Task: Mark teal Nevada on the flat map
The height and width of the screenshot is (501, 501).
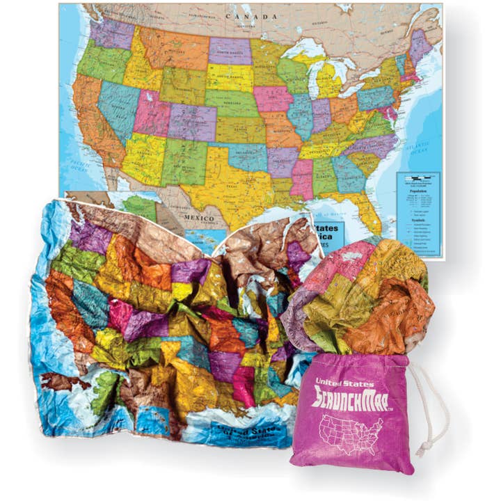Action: (118, 104)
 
